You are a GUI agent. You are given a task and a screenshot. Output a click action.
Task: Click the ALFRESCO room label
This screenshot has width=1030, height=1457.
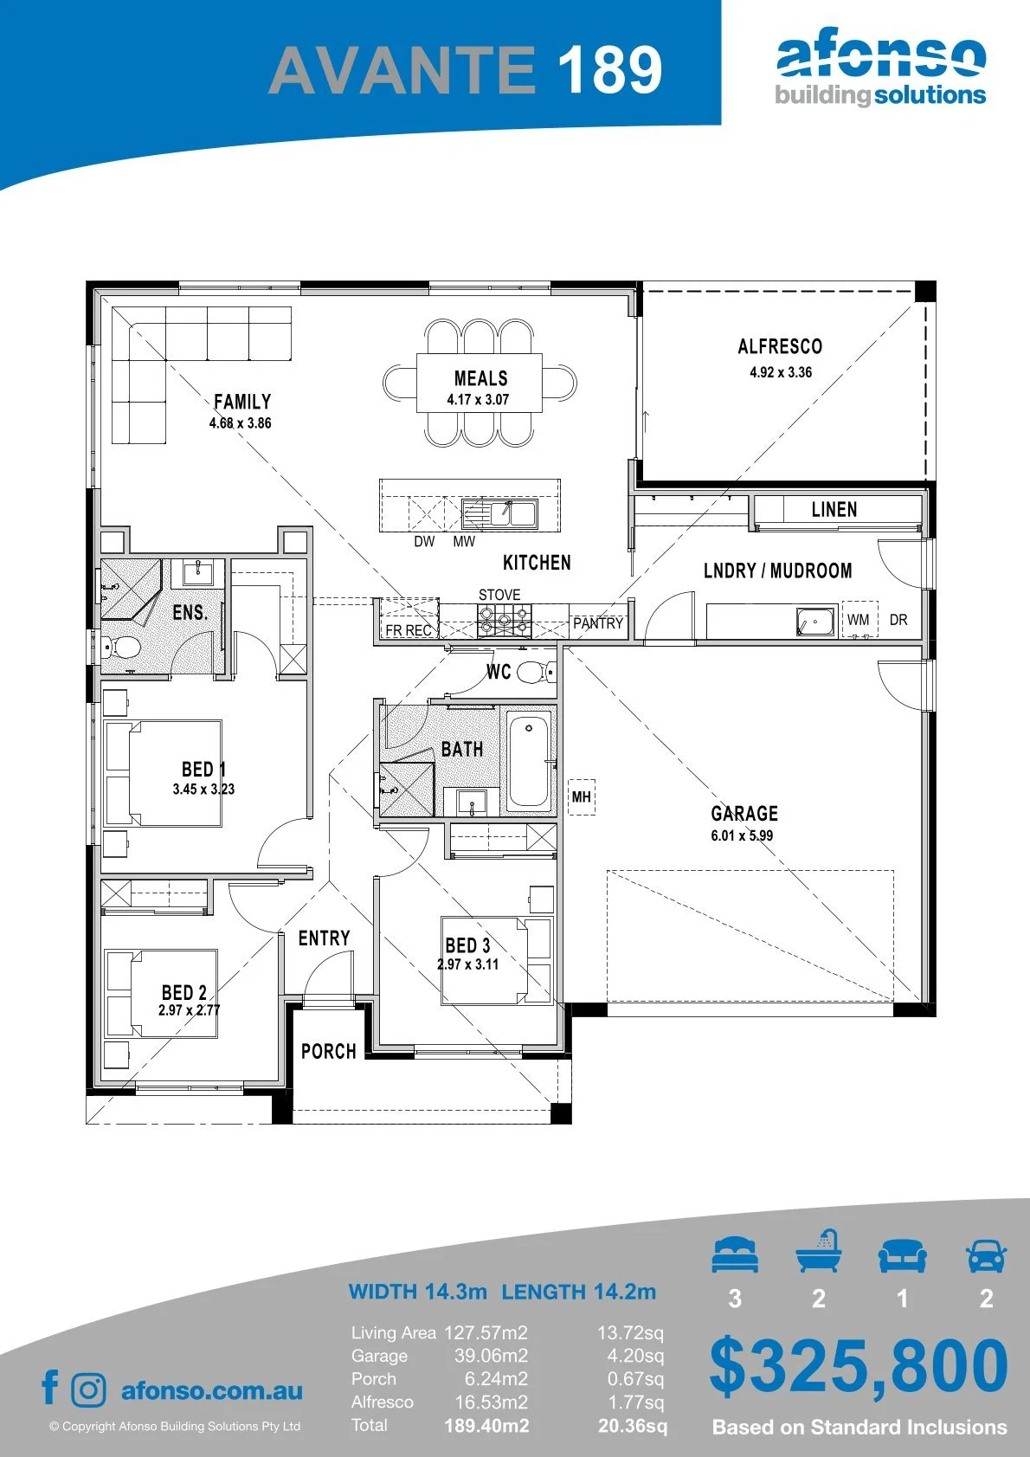(x=780, y=346)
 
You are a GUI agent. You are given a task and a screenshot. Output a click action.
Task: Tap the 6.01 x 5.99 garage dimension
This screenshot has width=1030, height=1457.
(x=742, y=835)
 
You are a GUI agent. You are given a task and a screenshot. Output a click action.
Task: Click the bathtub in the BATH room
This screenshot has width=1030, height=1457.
(x=528, y=761)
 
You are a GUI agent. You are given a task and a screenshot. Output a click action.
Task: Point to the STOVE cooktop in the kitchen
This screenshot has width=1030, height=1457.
(x=504, y=622)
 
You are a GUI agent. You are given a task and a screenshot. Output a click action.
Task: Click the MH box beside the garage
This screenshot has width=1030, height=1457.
(x=582, y=796)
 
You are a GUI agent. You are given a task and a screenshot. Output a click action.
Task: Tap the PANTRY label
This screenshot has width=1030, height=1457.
(x=597, y=623)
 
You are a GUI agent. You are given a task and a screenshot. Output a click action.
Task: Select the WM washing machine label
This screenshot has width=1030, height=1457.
(x=859, y=620)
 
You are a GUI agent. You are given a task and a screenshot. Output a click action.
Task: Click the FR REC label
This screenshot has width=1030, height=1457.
(x=409, y=630)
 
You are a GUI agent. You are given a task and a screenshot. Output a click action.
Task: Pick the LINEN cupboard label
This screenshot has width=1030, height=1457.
(x=834, y=509)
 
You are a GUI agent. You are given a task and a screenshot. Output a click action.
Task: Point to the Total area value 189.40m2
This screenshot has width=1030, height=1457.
(x=486, y=1426)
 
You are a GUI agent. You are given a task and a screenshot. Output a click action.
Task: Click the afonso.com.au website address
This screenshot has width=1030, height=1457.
(x=212, y=1390)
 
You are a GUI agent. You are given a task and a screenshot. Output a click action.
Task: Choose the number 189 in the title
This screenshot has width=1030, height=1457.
(x=610, y=69)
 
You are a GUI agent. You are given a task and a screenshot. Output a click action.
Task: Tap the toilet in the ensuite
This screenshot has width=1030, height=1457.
(x=121, y=648)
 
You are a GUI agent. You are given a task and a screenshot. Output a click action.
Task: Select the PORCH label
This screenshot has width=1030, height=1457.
(x=328, y=1051)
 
